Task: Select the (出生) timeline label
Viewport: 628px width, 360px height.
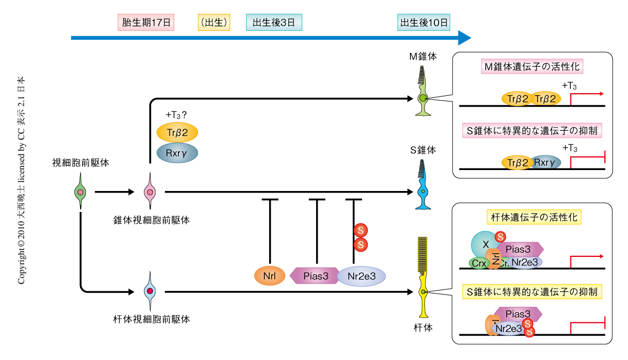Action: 214,22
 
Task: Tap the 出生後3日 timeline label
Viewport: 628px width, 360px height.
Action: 274,22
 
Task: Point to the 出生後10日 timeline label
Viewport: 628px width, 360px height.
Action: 424,22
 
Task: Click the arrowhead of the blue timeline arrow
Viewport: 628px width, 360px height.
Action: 464,38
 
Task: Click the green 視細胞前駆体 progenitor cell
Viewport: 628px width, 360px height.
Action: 80,193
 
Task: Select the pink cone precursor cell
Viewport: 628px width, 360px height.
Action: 150,193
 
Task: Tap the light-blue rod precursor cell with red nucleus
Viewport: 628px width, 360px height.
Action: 150,291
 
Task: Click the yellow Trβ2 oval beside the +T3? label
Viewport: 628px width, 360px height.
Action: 177,132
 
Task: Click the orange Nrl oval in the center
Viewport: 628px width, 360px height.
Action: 271,275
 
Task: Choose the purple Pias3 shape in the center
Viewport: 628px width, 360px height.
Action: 316,275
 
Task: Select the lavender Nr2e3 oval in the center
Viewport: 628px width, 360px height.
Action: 361,276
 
